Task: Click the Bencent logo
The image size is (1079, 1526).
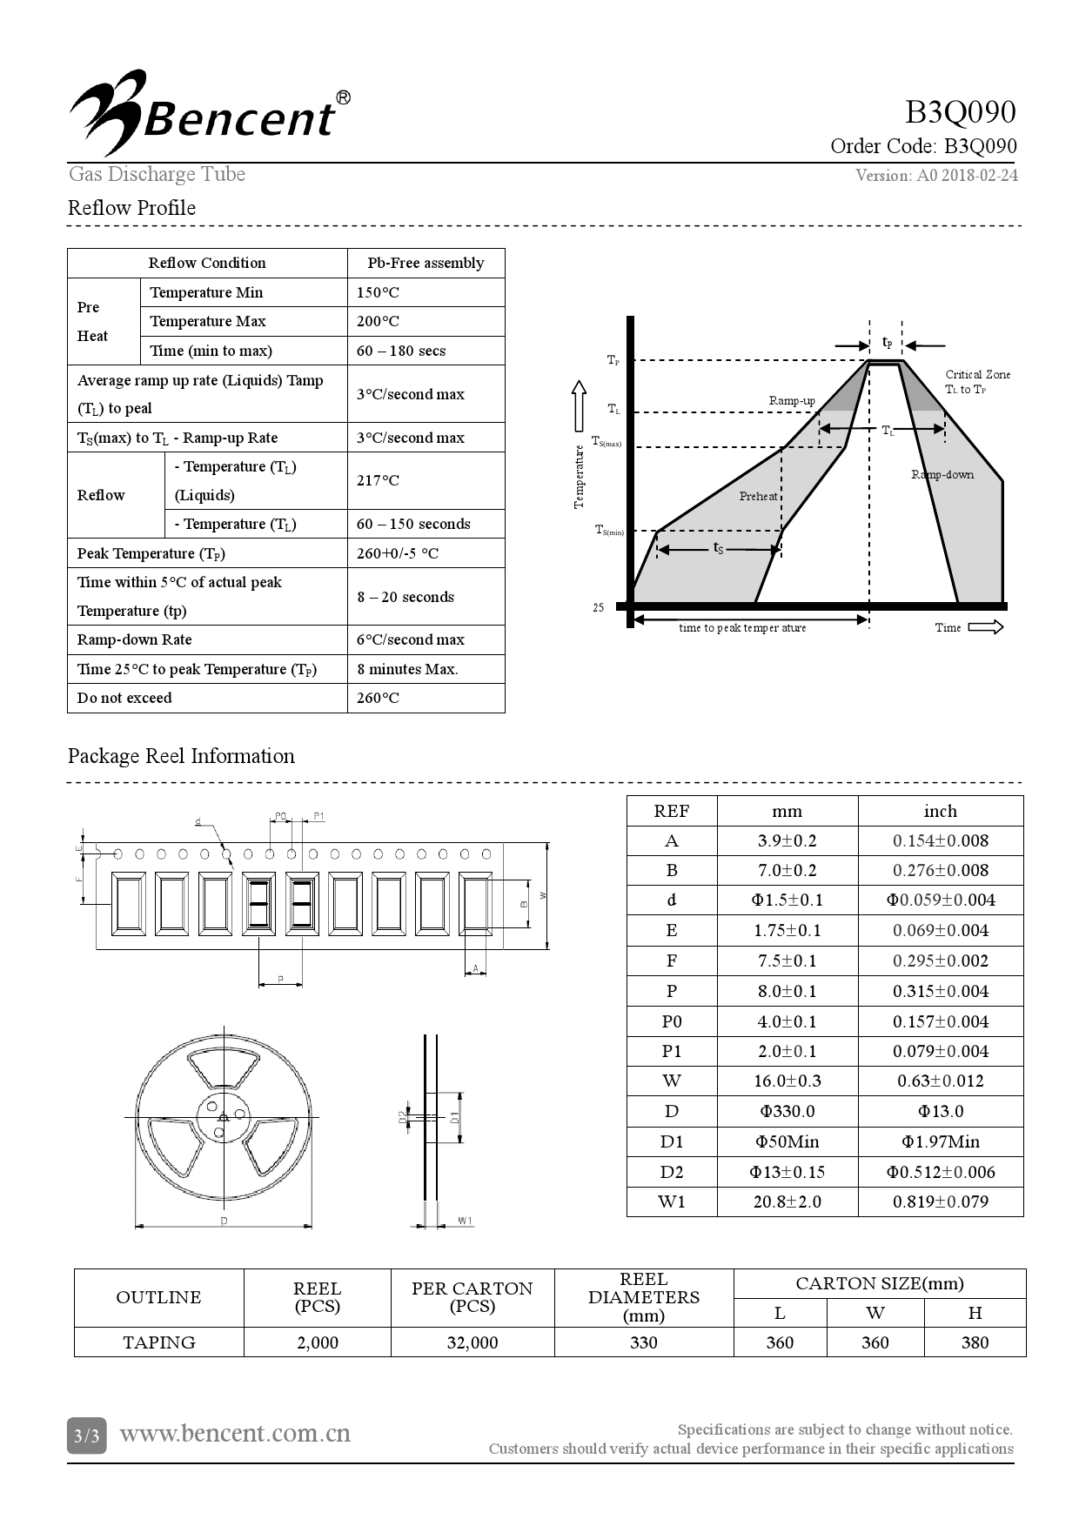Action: [x=209, y=113]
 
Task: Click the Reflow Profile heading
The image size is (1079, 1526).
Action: [x=131, y=208]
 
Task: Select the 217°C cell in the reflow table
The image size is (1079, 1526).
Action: [x=378, y=480]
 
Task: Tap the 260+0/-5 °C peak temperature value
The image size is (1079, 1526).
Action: [x=398, y=553]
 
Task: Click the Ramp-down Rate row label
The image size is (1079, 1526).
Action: [x=134, y=639]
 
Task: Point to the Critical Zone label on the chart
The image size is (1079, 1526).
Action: [x=977, y=375]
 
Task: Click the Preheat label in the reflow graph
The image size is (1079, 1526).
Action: [x=758, y=496]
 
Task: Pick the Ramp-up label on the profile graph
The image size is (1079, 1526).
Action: [x=791, y=400]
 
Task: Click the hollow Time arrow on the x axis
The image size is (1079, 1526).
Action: [x=985, y=627]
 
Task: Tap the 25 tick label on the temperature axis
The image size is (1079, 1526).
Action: [x=599, y=607]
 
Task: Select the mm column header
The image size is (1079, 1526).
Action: [x=787, y=811]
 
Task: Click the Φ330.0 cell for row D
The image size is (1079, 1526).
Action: [x=787, y=1111]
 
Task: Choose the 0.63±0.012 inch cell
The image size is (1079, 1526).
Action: [x=940, y=1081]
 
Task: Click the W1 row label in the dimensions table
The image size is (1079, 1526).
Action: [x=671, y=1201]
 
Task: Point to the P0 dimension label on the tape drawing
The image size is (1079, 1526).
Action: [x=280, y=816]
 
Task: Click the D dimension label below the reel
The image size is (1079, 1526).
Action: [x=224, y=1221]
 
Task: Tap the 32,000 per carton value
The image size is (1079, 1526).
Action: [x=472, y=1342]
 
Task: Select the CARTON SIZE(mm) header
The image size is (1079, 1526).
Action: [x=879, y=1283]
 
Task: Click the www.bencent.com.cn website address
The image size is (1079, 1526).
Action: [x=235, y=1433]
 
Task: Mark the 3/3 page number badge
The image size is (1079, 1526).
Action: [x=86, y=1436]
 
